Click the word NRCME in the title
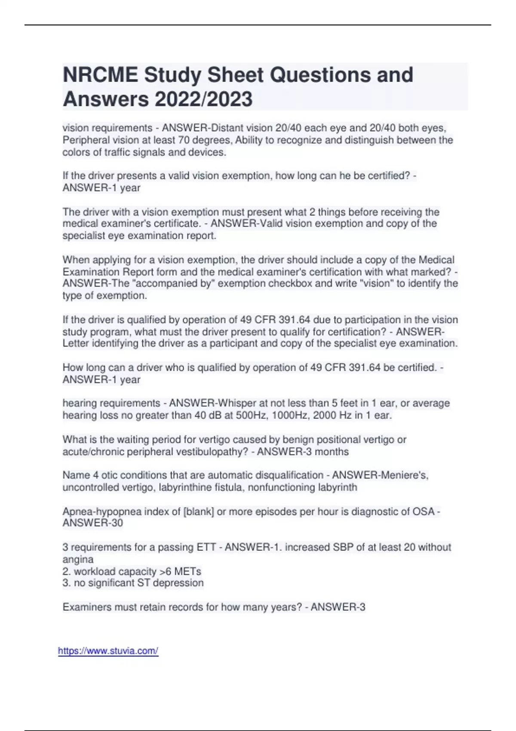[x=100, y=75]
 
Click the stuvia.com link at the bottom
[x=108, y=651]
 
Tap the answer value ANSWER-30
[x=93, y=523]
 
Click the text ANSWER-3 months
[x=303, y=451]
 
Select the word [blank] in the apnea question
[x=198, y=512]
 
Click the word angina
[x=78, y=559]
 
